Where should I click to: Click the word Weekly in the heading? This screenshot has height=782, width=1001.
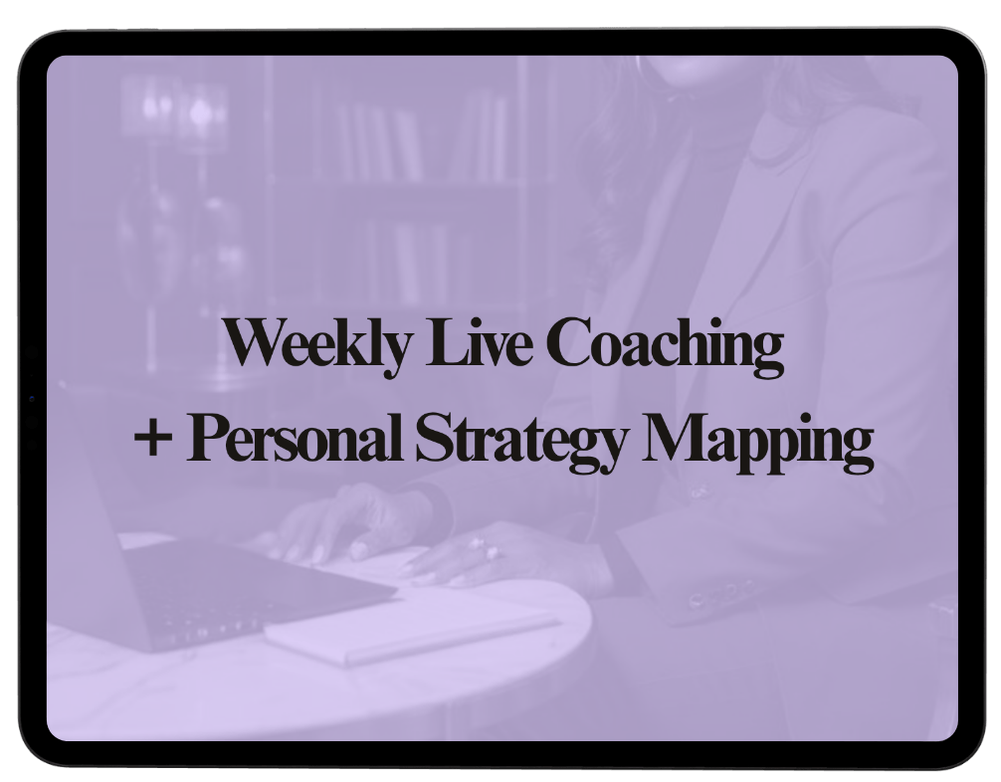316,344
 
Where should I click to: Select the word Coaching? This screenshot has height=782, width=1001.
665,344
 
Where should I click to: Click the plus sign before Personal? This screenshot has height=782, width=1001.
153,438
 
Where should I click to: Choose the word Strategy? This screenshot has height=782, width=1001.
519,441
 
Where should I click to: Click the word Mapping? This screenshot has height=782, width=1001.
757,442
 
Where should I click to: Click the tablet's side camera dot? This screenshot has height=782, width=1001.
32,399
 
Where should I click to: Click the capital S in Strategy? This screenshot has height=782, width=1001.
435,438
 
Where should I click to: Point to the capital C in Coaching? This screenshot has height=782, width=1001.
571,342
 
